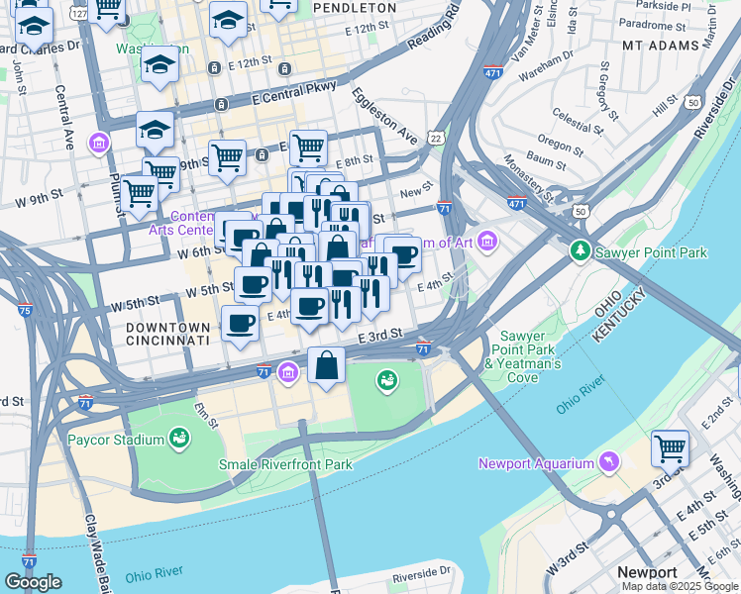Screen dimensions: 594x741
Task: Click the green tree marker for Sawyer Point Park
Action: pyautogui.click(x=582, y=251)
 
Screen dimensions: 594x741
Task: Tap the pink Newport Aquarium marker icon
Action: pyautogui.click(x=603, y=462)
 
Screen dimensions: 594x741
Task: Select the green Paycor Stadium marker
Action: pyautogui.click(x=179, y=438)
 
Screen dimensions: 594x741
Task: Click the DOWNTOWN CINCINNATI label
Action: pyautogui.click(x=167, y=333)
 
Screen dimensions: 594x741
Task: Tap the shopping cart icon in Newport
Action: pyautogui.click(x=671, y=448)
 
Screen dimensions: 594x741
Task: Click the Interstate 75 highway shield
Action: pyautogui.click(x=25, y=310)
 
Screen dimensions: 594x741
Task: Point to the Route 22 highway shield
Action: pyautogui.click(x=436, y=138)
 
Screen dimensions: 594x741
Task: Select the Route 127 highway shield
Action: pyautogui.click(x=78, y=14)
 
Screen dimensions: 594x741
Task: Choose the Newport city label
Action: pyautogui.click(x=646, y=572)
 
